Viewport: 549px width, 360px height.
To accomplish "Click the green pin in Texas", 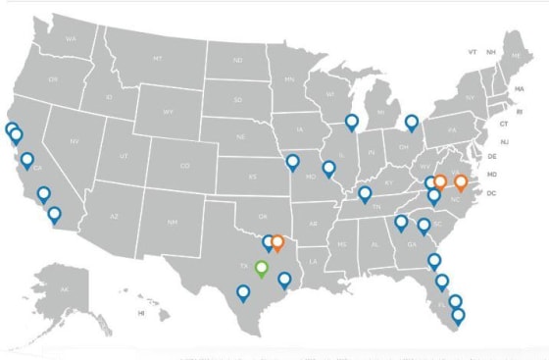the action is pyautogui.click(x=261, y=268).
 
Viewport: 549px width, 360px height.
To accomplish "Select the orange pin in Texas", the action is pyautogui.click(x=277, y=242).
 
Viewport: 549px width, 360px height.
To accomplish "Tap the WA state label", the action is pyautogui.click(x=71, y=38).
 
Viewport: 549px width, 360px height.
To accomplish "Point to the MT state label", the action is pyautogui.click(x=157, y=59).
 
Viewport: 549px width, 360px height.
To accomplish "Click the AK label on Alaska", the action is pyautogui.click(x=65, y=289).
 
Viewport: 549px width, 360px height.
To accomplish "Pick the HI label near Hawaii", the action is pyautogui.click(x=141, y=313).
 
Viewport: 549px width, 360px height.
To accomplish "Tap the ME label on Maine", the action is pyautogui.click(x=516, y=58).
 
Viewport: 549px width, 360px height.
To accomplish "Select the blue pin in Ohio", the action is pyautogui.click(x=412, y=123).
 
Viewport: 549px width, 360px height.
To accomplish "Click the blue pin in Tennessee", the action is pyautogui.click(x=365, y=194).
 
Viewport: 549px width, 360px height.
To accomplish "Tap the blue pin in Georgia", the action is pyautogui.click(x=401, y=223).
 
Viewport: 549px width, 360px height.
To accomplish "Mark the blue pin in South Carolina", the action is pyautogui.click(x=424, y=226).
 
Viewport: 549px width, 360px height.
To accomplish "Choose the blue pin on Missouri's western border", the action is pyautogui.click(x=292, y=162).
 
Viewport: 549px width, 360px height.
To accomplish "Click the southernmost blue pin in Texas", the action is pyautogui.click(x=243, y=291).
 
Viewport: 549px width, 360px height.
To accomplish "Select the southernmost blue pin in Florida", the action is pyautogui.click(x=458, y=316).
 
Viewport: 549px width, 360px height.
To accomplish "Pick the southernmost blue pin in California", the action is pyautogui.click(x=54, y=214).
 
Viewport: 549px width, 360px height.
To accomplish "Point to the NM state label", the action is pyautogui.click(x=173, y=223).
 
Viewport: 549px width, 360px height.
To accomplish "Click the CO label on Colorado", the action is pyautogui.click(x=184, y=166).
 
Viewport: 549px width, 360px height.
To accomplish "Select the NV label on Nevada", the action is pyautogui.click(x=75, y=142).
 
